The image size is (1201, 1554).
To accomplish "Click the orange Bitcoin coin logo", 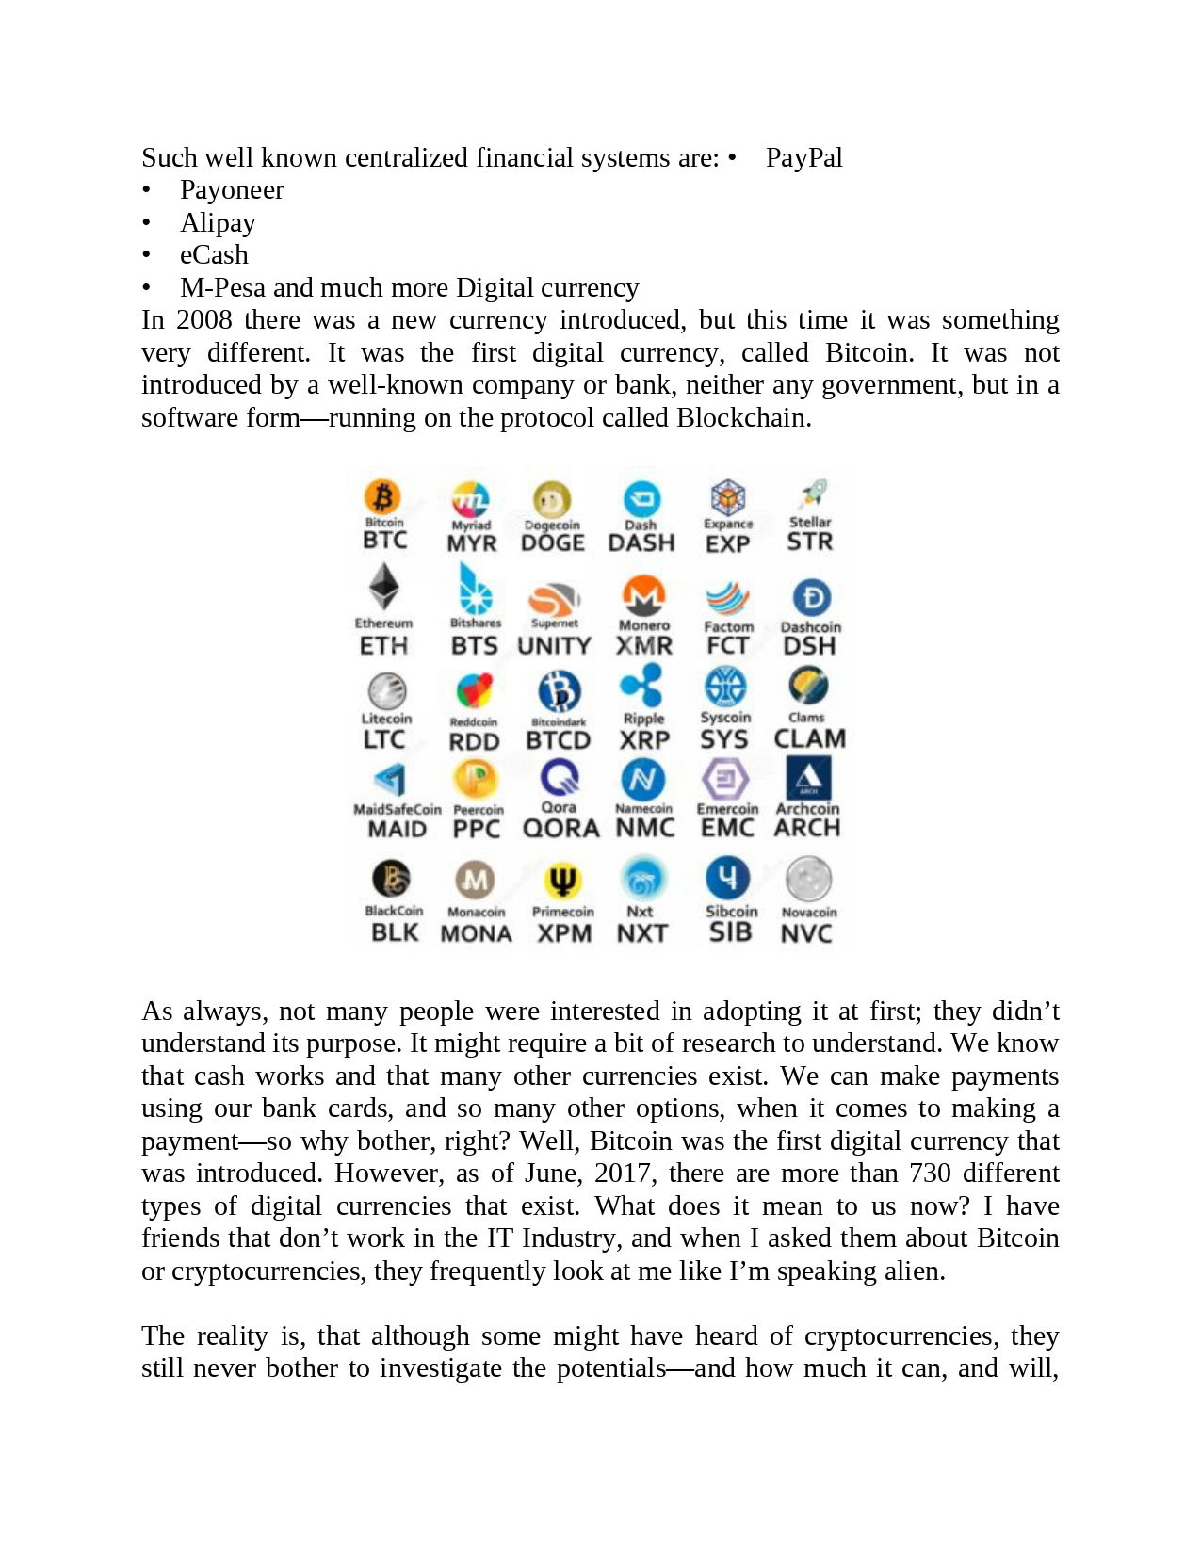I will [x=382, y=496].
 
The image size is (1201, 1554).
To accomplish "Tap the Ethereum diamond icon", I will [x=383, y=587].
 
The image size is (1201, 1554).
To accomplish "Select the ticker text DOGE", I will [x=553, y=543].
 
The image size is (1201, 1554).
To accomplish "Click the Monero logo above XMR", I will [x=644, y=594].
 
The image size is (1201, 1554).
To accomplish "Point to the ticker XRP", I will [x=644, y=741].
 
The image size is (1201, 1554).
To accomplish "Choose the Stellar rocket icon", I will [x=812, y=493].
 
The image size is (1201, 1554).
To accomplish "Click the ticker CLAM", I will [x=809, y=739].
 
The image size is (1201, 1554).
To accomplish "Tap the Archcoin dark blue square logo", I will [x=808, y=778].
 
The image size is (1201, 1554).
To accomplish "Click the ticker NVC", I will [x=806, y=933].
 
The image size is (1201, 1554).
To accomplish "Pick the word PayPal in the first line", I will [x=803, y=157].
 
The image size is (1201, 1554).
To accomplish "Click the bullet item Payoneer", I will [x=232, y=190].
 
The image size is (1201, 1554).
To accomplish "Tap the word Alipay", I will [x=218, y=223].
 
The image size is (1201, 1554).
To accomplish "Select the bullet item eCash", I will [x=214, y=255].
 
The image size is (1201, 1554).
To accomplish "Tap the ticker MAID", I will [x=397, y=830].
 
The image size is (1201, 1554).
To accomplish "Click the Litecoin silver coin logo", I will [x=386, y=690].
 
